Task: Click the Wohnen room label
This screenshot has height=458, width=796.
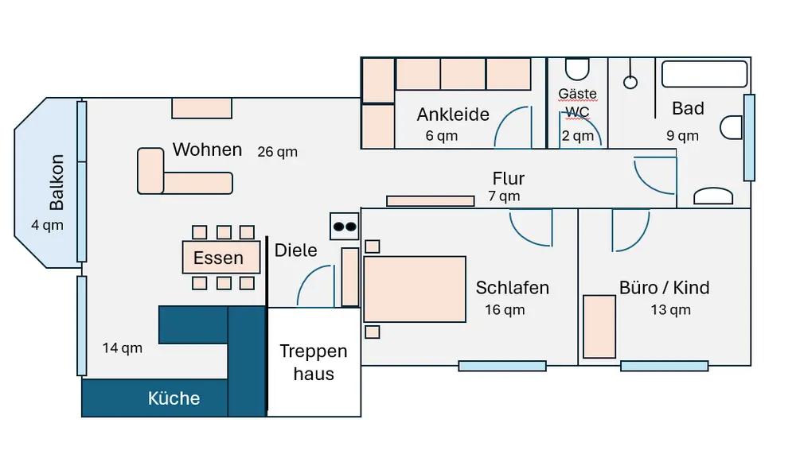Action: coord(207,149)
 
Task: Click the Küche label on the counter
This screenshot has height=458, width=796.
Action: coord(174,398)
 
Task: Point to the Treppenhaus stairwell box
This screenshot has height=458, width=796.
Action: coord(314,363)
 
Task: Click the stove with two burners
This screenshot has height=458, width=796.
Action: coord(345,226)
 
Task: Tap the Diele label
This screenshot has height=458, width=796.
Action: coord(295,250)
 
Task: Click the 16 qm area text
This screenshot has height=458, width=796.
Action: coord(505,309)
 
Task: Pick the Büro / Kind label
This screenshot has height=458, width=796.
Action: coord(664,287)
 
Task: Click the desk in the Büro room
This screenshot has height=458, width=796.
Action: coord(599,327)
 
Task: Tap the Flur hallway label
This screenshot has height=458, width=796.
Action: coord(508,178)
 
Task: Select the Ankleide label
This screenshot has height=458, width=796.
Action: coord(452,115)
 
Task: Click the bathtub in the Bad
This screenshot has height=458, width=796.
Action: coord(704,74)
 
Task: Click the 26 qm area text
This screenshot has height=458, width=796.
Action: coord(277,151)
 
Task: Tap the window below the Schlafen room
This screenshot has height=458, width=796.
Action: coord(502,366)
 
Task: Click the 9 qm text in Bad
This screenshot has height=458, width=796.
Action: coord(682,135)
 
